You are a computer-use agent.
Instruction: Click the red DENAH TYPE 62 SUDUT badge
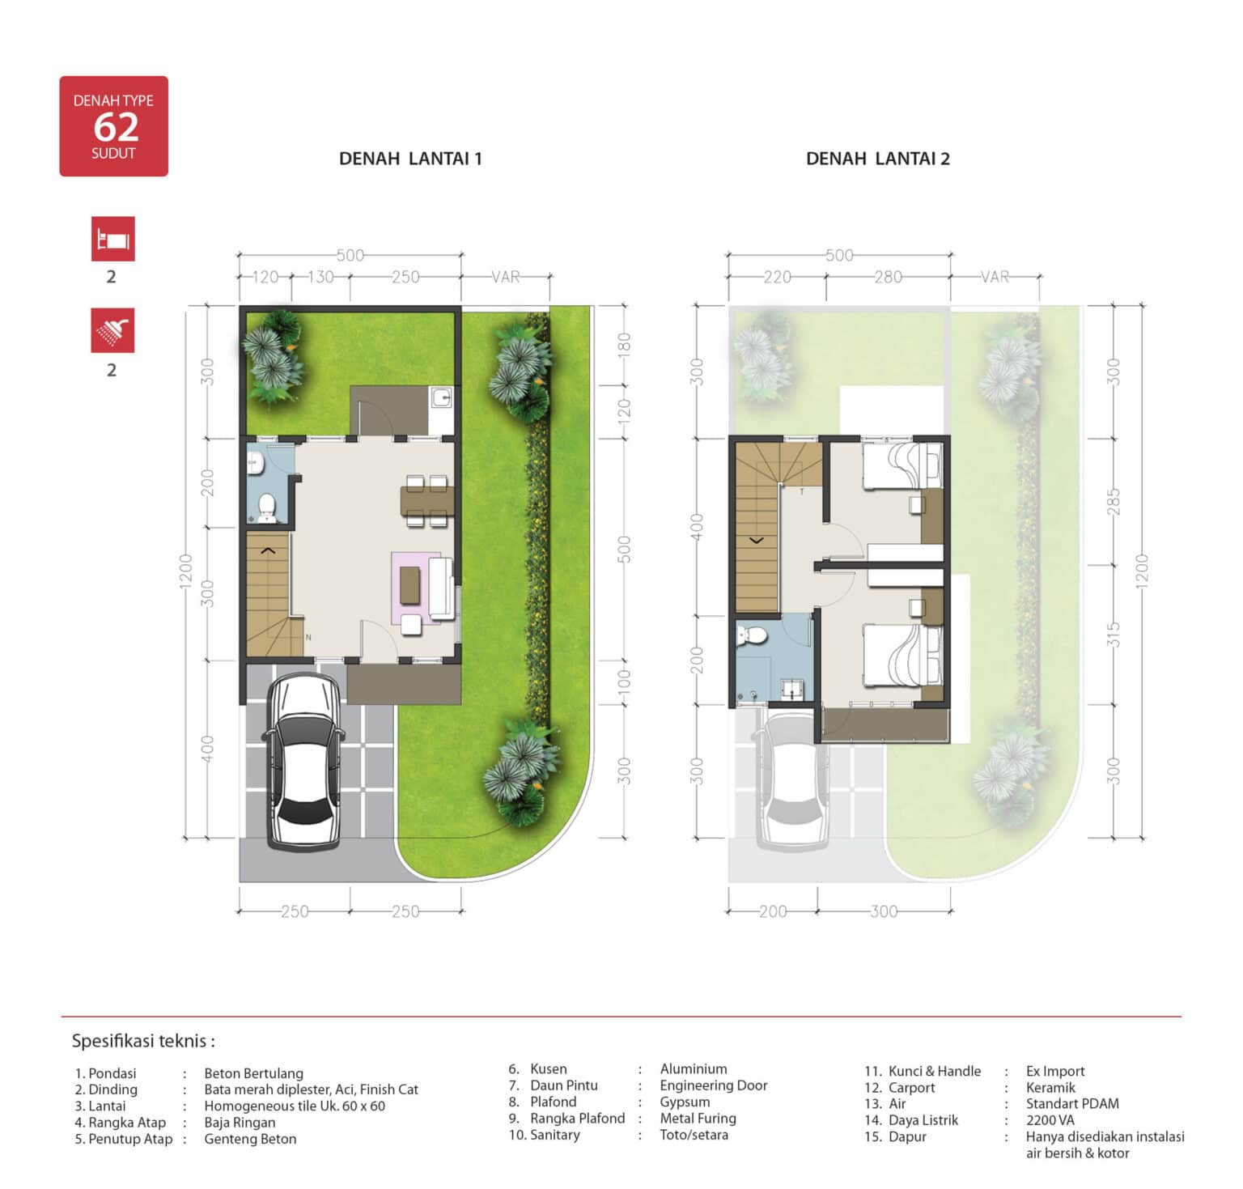pyautogui.click(x=113, y=126)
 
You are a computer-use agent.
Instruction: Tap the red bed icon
pyautogui.click(x=112, y=239)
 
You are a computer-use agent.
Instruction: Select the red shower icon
pyautogui.click(x=112, y=330)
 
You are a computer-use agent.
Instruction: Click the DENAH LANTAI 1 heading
pyautogui.click(x=410, y=159)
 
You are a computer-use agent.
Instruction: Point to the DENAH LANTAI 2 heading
pyautogui.click(x=878, y=159)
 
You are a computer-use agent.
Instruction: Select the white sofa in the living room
pyautogui.click(x=440, y=588)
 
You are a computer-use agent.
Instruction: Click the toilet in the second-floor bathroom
pyautogui.click(x=753, y=635)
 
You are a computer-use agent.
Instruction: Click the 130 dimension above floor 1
pyautogui.click(x=320, y=277)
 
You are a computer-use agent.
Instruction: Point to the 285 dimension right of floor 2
pyautogui.click(x=1114, y=501)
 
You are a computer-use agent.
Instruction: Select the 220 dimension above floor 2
pyautogui.click(x=777, y=277)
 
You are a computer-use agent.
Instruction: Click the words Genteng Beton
pyautogui.click(x=250, y=1139)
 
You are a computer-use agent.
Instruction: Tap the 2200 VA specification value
pyautogui.click(x=1050, y=1120)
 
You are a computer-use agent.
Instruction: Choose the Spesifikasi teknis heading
pyautogui.click(x=143, y=1041)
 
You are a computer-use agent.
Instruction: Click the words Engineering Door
pyautogui.click(x=714, y=1085)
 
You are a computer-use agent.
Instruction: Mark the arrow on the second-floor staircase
pyautogui.click(x=757, y=539)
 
